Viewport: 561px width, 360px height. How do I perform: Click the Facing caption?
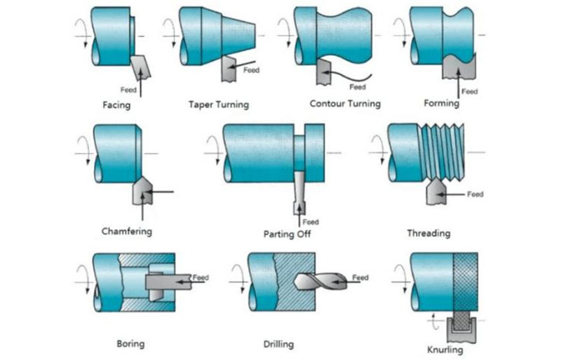point(116,106)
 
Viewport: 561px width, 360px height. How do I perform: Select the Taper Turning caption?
point(218,105)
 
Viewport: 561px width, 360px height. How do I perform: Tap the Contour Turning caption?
point(344,104)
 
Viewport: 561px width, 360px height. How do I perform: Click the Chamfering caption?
point(126,230)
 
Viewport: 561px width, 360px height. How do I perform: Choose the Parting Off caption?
point(288,233)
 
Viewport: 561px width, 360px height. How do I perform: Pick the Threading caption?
point(428,232)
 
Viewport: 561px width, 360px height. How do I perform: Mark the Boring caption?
point(130,344)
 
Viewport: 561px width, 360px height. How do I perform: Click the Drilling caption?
point(278,344)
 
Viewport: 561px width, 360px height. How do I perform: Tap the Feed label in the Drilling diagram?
point(360,278)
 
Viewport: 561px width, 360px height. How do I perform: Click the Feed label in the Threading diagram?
point(475,194)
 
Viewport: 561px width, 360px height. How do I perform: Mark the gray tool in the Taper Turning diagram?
point(229,69)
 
